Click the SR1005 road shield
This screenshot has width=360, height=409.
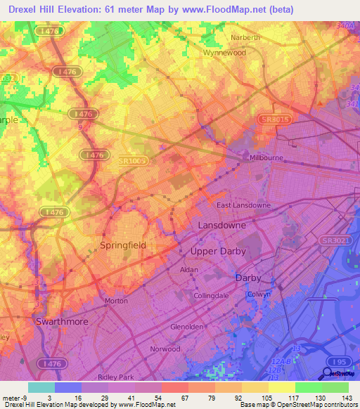click(131, 161)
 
